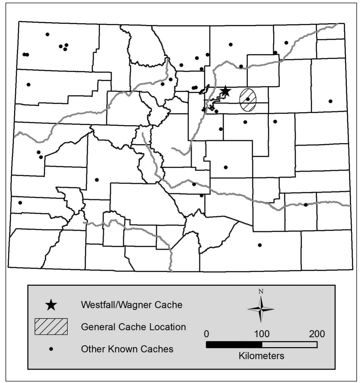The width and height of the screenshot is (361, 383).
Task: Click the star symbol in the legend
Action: click(x=51, y=305)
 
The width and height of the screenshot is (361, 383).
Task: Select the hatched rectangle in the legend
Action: click(x=51, y=326)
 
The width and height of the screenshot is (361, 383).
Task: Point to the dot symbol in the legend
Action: click(x=51, y=349)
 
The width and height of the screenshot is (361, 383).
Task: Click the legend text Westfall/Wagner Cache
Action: click(x=132, y=305)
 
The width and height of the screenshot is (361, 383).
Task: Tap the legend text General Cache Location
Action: click(x=133, y=327)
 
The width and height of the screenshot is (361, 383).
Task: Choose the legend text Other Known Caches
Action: click(x=127, y=349)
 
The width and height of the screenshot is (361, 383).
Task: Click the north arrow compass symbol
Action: click(x=261, y=309)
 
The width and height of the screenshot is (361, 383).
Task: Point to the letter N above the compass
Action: click(x=261, y=291)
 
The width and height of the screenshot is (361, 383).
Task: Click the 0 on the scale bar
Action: click(x=206, y=334)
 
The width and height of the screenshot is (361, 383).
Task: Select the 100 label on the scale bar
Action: click(x=262, y=334)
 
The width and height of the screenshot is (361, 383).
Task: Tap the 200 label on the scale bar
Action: click(x=317, y=334)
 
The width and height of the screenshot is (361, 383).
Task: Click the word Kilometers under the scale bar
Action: click(x=261, y=356)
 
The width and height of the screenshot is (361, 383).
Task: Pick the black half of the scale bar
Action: click(x=234, y=345)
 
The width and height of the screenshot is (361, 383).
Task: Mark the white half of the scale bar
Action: click(x=289, y=345)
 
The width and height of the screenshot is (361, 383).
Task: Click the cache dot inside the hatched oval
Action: click(x=248, y=99)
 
